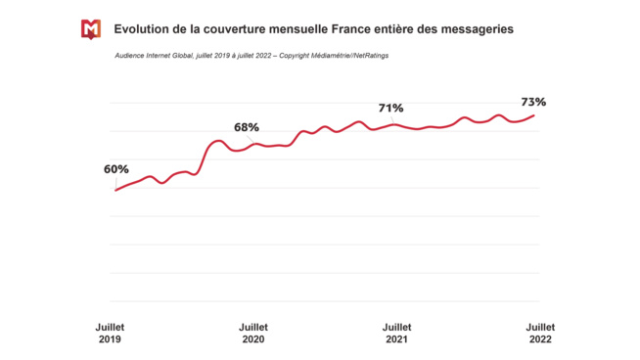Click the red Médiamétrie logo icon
[x=90, y=29]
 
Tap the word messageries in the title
[x=470, y=29]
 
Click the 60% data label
[x=116, y=169]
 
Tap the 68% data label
[x=247, y=127]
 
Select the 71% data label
[x=391, y=108]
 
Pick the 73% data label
[x=533, y=102]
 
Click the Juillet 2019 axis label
[x=110, y=334]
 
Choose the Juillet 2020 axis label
[x=252, y=334]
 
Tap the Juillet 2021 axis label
[x=396, y=334]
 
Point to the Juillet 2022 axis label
[x=540, y=334]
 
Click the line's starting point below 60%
[x=115, y=190]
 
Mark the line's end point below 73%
[x=534, y=115]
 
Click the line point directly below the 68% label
[x=247, y=147]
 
